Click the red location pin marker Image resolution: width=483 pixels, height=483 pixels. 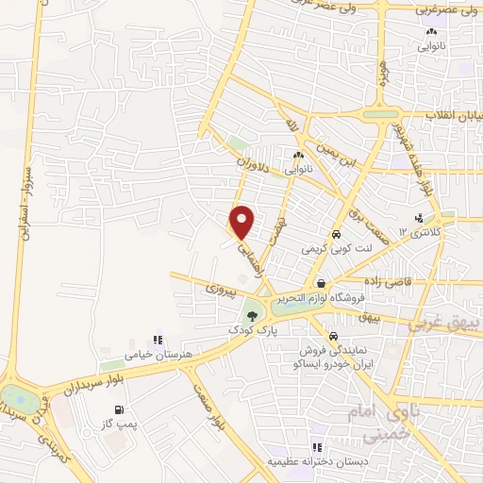tap(242, 222)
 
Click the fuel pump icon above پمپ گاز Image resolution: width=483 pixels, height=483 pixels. tap(119, 408)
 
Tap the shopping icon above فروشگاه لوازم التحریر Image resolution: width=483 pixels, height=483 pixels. tap(322, 283)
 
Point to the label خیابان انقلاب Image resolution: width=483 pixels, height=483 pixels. tap(453, 115)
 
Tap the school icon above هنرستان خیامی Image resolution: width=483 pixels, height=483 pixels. tap(158, 340)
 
